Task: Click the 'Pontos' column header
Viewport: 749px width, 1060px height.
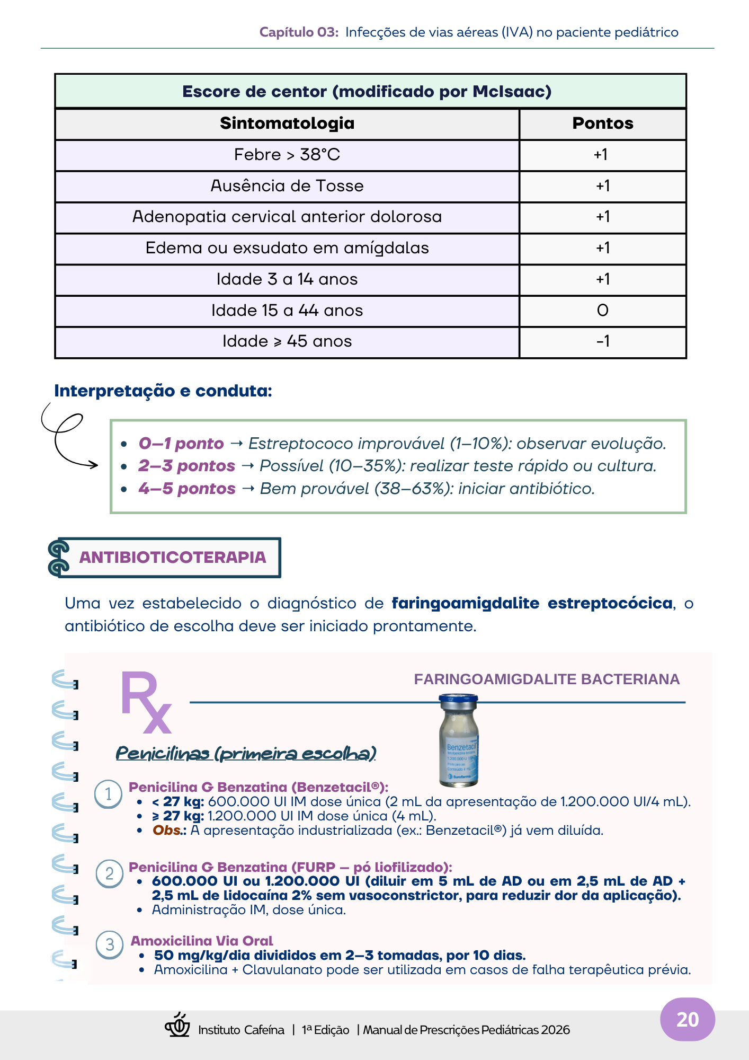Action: pos(602,123)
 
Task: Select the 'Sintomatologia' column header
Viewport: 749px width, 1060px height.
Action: pos(287,123)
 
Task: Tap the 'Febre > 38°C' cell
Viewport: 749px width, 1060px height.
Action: pos(287,155)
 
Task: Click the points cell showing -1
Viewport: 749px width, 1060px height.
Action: pos(602,341)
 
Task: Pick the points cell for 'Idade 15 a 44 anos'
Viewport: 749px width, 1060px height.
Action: pos(602,311)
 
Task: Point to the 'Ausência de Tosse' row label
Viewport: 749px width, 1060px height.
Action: pos(287,186)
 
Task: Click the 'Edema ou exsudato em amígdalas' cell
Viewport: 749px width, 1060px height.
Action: pos(287,248)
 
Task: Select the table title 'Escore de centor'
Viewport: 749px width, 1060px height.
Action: pos(367,92)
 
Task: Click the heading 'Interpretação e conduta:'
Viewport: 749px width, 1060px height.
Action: pos(163,391)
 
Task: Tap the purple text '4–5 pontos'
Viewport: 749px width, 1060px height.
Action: pos(187,489)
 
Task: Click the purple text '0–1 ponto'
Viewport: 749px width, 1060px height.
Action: pos(181,444)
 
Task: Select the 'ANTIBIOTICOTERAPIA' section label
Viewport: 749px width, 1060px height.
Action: pos(173,558)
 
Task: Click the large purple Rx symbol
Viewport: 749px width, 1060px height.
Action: pos(145,702)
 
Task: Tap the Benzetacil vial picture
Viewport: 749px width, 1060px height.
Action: pos(459,740)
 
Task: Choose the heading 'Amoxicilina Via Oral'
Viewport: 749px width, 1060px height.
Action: pos(202,941)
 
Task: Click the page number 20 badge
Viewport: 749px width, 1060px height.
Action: pos(687,1020)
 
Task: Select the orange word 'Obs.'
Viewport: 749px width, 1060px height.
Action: pos(167,831)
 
